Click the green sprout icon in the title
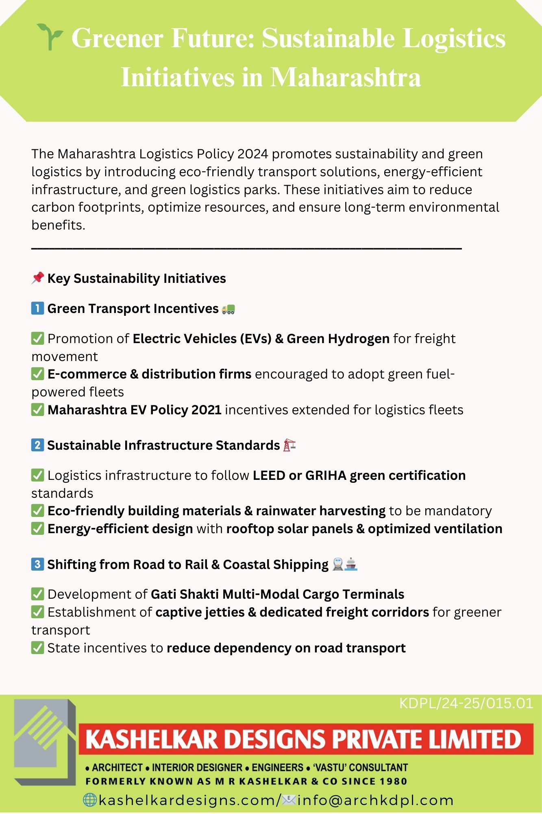tap(50, 37)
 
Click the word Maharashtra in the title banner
tap(345, 77)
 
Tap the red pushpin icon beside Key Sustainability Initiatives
tap(37, 278)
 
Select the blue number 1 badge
tap(37, 309)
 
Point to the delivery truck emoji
tap(228, 309)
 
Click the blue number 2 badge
tap(37, 445)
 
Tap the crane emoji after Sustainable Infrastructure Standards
tap(289, 445)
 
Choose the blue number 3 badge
tap(37, 564)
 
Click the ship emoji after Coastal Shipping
tap(351, 564)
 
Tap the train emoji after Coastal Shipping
tap(338, 564)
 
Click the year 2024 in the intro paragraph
tap(252, 154)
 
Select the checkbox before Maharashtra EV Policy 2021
tap(37, 409)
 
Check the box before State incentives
tap(37, 648)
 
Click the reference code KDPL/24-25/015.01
tap(466, 704)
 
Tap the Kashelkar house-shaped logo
tap(45, 742)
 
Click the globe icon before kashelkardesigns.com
tap(89, 800)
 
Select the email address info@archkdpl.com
tap(375, 800)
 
